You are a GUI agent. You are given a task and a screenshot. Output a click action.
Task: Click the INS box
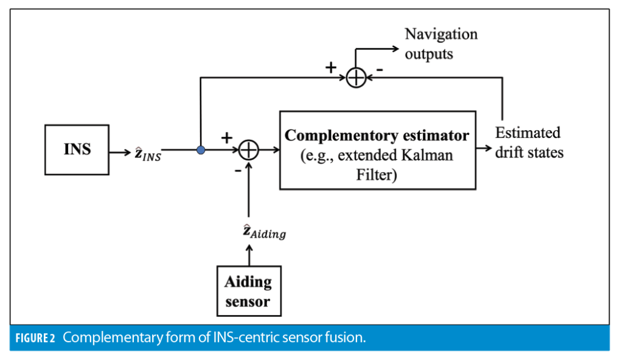[x=77, y=150]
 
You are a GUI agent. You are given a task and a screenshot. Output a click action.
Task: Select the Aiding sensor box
[x=248, y=291]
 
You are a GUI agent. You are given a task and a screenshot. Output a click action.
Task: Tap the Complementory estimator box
[x=377, y=150]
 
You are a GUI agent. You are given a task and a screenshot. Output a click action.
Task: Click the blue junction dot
[x=201, y=150]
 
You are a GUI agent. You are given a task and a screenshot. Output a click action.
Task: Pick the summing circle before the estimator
[x=248, y=150]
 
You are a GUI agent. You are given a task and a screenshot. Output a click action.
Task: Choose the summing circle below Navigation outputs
[x=356, y=78]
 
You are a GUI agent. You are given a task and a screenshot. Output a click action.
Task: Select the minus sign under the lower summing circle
[x=237, y=170]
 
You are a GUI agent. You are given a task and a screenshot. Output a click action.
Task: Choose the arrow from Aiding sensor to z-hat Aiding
[x=248, y=254]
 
